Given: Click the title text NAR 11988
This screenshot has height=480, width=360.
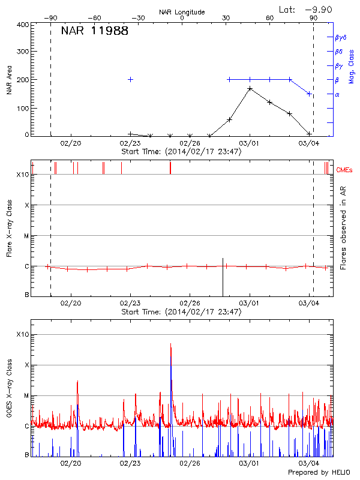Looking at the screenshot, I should tap(95, 31).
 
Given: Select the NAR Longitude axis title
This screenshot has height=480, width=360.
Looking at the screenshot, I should tap(182, 11).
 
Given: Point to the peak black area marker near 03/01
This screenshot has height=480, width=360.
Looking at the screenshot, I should tap(250, 89).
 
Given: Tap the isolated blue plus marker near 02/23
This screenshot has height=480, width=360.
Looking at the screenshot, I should tap(130, 79).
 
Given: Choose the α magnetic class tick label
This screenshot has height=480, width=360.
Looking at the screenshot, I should tap(337, 94).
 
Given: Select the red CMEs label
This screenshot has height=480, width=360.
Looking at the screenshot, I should tap(345, 170).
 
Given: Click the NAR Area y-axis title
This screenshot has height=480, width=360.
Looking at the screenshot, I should tap(10, 80).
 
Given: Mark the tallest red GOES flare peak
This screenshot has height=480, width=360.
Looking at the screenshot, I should tap(171, 344).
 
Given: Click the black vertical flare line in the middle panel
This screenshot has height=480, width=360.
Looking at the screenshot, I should tap(223, 277).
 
